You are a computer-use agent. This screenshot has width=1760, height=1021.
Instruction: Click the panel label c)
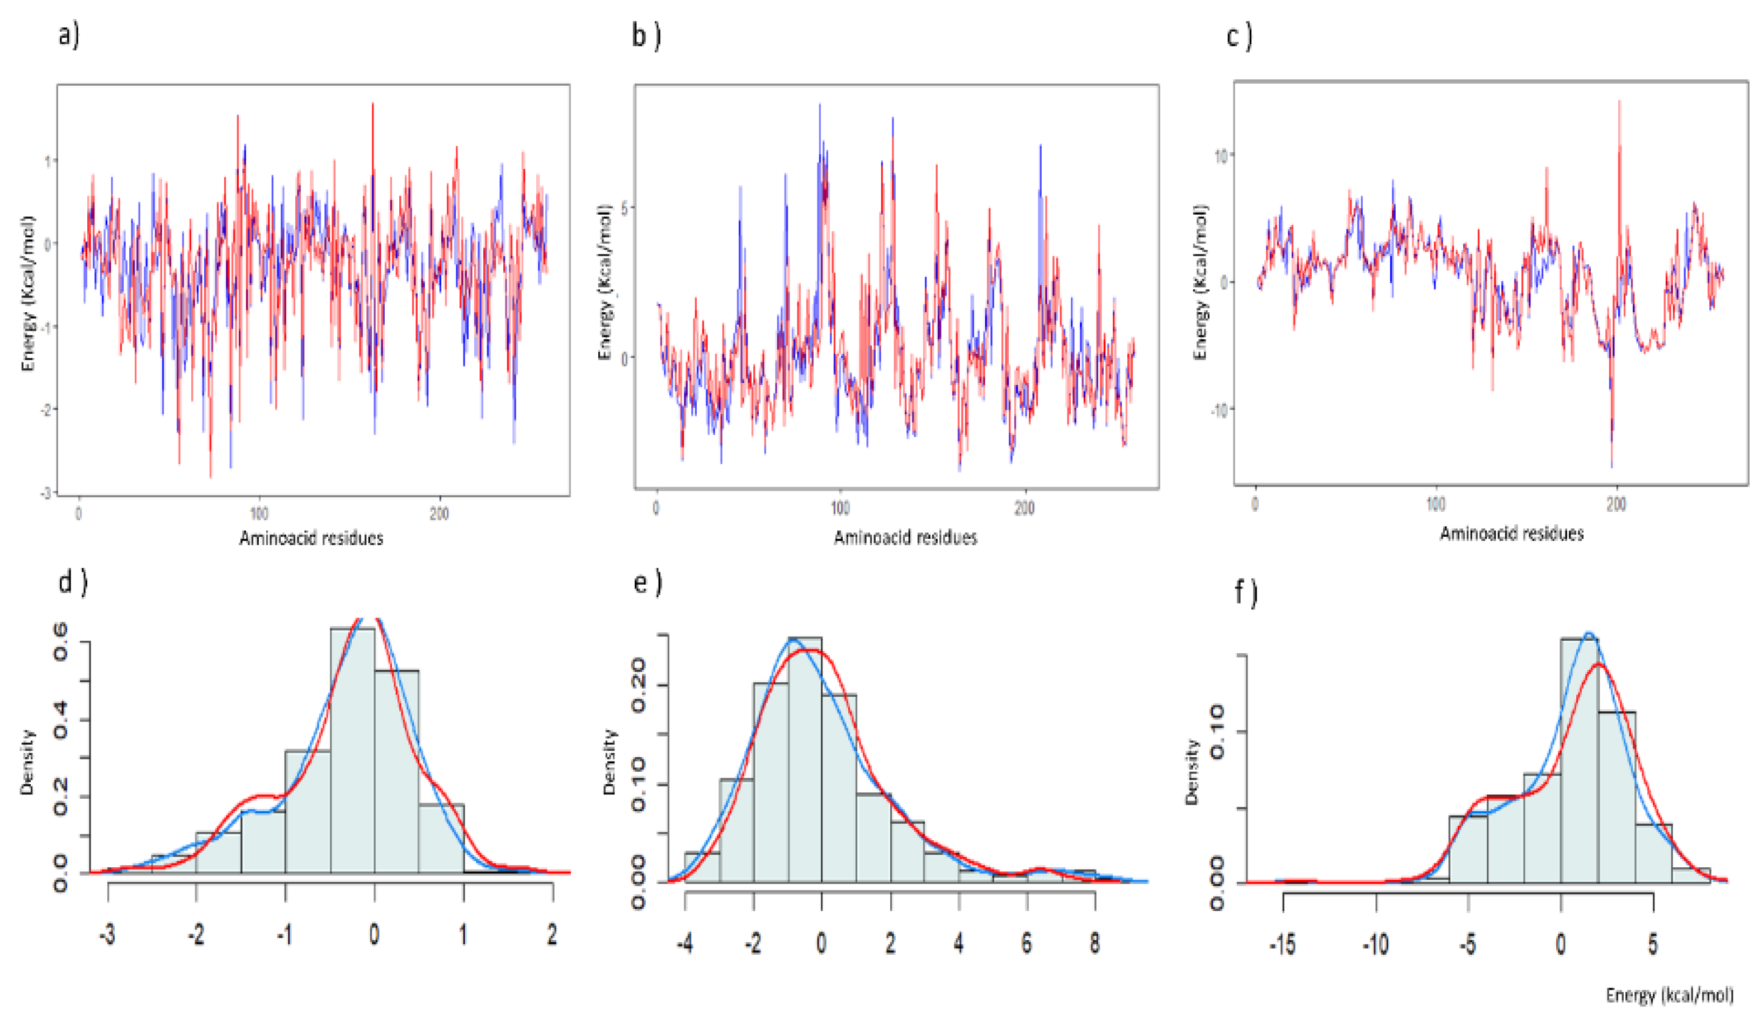1239,36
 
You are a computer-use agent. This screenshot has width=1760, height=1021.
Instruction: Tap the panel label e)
647,581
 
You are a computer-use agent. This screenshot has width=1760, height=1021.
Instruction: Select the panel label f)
1245,592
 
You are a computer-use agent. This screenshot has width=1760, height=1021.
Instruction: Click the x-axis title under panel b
905,537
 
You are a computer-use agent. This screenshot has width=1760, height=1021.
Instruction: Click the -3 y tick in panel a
47,492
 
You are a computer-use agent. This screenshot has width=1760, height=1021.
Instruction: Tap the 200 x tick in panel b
1024,508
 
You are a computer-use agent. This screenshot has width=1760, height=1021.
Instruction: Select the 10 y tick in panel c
1220,156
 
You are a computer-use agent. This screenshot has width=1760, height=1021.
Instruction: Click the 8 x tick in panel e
1094,943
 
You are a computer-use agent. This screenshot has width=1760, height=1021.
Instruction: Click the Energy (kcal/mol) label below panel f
1669,995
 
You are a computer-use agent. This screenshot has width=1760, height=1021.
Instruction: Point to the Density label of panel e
609,762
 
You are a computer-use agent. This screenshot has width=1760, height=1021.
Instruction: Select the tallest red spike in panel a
372,105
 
